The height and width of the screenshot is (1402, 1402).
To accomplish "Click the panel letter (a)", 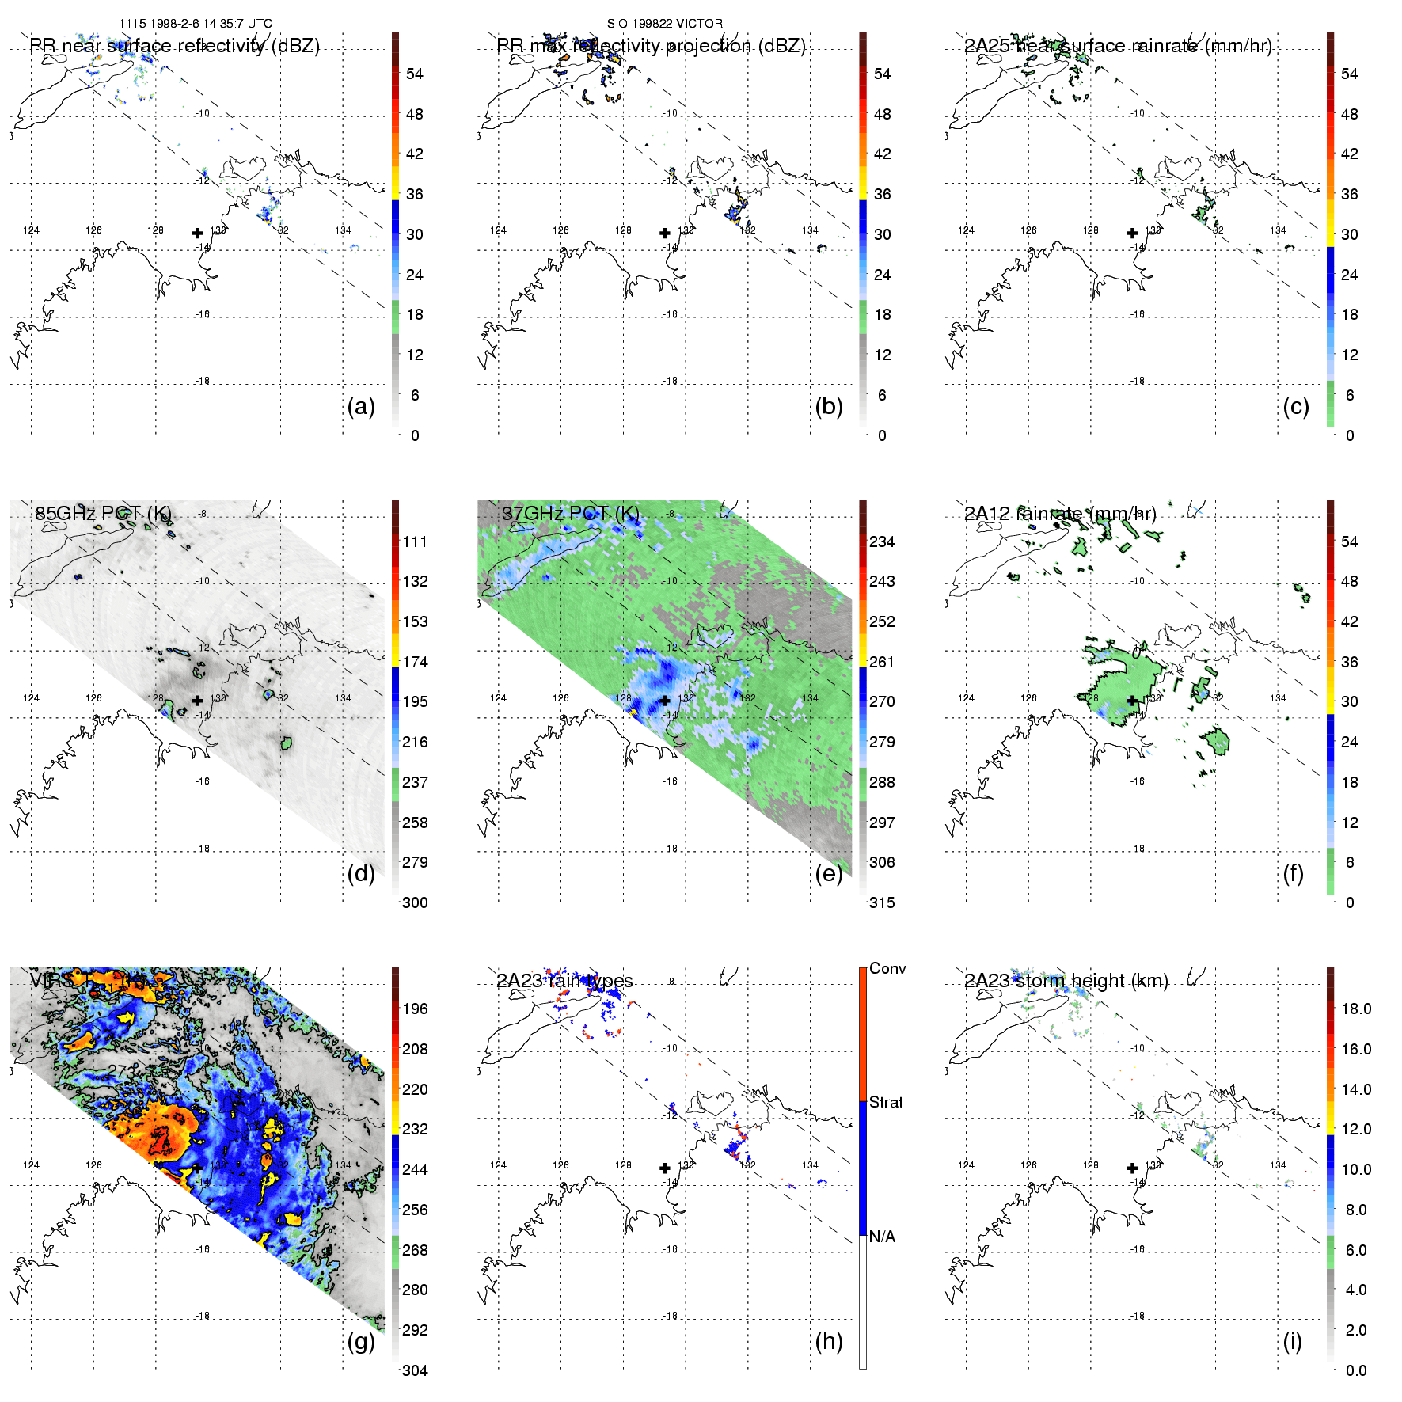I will (361, 407).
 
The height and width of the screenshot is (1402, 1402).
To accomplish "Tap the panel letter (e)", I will (828, 874).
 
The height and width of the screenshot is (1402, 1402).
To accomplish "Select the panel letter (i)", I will (1292, 1341).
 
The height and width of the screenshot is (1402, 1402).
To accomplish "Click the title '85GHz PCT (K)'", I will (103, 514).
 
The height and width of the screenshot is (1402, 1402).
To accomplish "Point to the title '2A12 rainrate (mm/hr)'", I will (1060, 514).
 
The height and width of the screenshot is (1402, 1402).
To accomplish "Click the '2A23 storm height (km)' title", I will (1066, 981).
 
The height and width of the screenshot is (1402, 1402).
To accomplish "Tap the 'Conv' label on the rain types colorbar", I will (887, 968).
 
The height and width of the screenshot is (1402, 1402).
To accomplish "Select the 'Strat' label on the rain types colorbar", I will (886, 1102).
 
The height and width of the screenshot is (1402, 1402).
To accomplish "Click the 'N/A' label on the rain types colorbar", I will (882, 1237).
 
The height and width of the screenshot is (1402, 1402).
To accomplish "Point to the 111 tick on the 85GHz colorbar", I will (415, 541).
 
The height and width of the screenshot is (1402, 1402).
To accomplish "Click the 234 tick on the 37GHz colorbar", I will (882, 541).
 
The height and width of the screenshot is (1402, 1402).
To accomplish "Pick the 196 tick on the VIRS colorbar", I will (415, 1009).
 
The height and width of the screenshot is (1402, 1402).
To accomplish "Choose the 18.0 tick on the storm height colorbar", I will (1355, 1009).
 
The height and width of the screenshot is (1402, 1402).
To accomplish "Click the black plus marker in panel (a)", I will (197, 233).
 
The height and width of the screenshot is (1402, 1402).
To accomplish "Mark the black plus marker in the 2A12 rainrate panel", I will (1132, 701).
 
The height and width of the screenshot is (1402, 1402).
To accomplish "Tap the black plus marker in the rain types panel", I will (665, 1168).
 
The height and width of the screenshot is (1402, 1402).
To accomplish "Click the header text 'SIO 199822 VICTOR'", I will (665, 24).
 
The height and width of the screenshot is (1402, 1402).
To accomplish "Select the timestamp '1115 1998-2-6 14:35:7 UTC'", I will (196, 24).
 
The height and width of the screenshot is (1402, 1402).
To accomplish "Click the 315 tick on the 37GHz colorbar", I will (882, 902).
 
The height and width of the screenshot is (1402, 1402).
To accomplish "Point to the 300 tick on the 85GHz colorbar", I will (415, 902).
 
